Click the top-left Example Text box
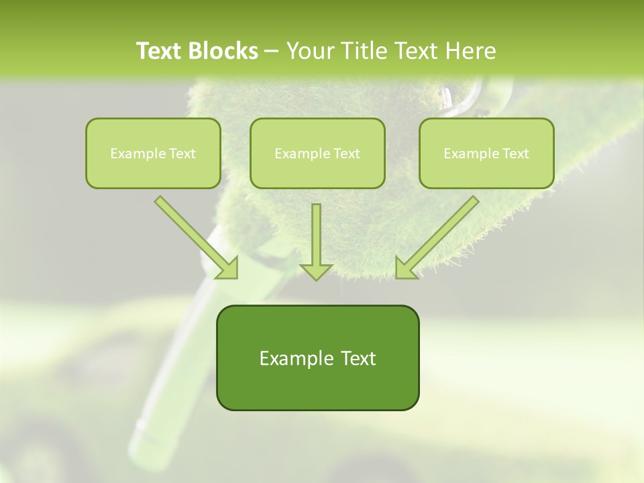153,153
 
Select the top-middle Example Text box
317,153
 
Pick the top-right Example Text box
486,153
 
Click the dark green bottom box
317,358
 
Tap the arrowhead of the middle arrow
316,270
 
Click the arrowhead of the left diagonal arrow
228,268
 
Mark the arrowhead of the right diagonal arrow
406,268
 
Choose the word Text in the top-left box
183,154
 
